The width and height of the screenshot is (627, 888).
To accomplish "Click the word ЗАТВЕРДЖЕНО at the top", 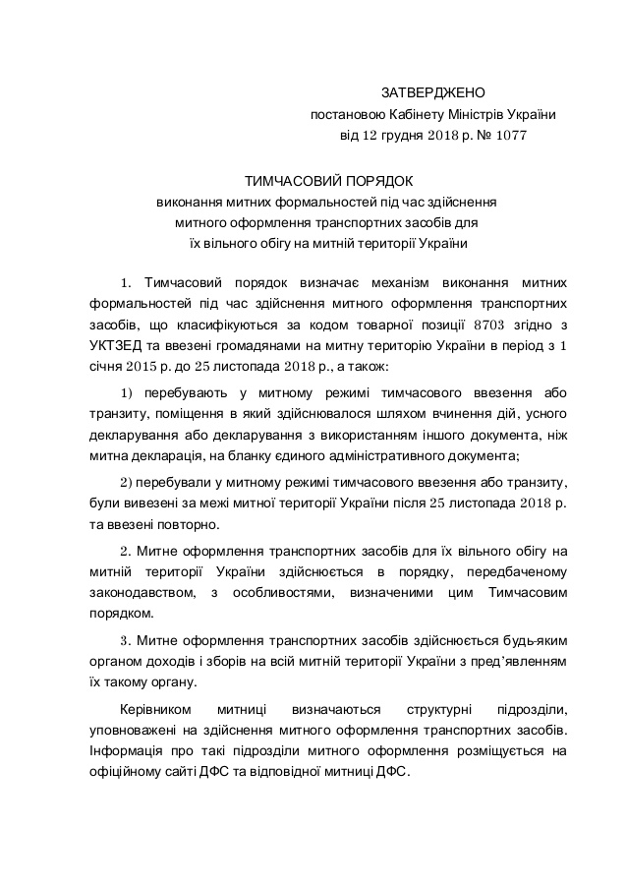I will tap(433, 92).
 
